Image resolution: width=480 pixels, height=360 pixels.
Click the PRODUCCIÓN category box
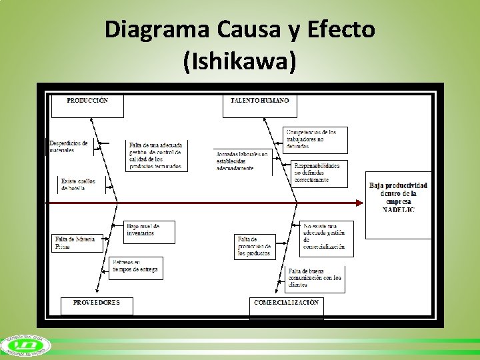87,105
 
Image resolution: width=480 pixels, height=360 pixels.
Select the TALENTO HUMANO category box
260,105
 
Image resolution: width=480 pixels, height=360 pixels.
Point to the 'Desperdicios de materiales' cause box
69,147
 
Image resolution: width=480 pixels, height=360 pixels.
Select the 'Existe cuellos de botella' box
78,184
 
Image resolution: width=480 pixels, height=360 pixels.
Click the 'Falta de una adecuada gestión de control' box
157,155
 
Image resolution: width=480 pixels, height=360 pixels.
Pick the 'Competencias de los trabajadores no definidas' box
310,139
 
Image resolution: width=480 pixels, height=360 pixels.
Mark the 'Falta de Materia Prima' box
77,243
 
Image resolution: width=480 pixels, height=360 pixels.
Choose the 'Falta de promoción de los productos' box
255,247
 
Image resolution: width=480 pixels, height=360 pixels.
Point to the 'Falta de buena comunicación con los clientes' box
316,279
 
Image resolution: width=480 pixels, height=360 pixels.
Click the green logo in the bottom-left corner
23,345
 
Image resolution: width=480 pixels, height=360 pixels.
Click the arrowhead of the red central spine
359,202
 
